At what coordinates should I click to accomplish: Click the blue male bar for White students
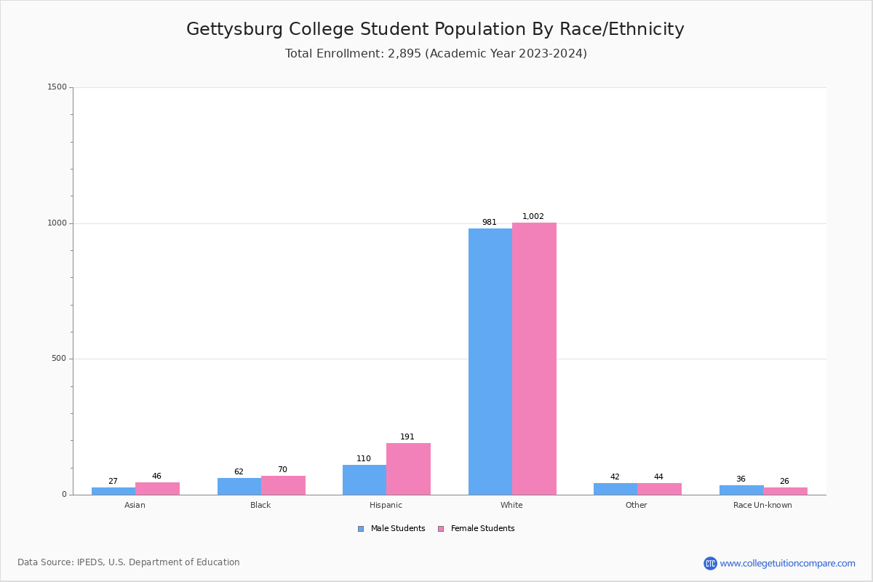point(490,362)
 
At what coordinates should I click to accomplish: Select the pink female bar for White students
point(534,359)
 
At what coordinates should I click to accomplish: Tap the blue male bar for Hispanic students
point(364,479)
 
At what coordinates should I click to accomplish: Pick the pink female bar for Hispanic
point(408,469)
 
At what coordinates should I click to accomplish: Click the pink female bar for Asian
point(157,488)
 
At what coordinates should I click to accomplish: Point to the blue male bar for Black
point(239,486)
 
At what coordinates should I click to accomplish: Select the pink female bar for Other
point(659,489)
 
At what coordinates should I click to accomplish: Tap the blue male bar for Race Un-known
point(741,490)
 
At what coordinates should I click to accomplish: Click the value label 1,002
point(533,216)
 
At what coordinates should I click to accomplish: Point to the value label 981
point(489,222)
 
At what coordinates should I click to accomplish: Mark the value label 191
point(407,436)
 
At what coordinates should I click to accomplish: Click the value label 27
point(113,481)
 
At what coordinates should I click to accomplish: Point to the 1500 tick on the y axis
point(57,87)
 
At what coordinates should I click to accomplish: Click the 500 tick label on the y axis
point(60,359)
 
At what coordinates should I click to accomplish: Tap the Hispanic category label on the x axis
point(386,505)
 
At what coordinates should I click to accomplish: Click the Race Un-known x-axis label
point(762,505)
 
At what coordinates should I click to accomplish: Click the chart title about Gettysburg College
point(435,29)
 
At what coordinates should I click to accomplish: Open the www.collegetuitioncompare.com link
point(787,563)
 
